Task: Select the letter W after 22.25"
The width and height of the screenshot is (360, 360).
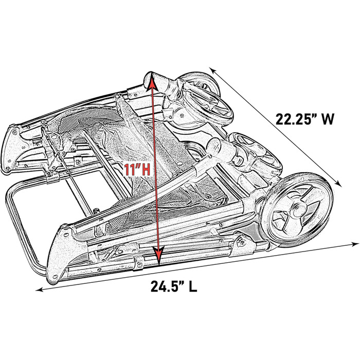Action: tap(329, 119)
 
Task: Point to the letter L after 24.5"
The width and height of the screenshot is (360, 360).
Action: tap(193, 286)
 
